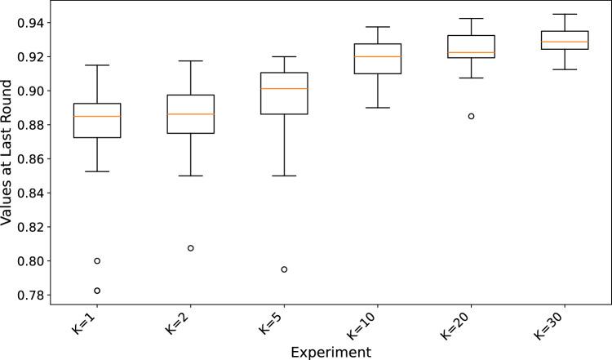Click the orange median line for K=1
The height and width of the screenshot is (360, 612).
[x=97, y=116]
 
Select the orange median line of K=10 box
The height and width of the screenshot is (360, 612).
[x=377, y=56]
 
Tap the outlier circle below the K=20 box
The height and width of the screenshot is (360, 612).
[x=471, y=116]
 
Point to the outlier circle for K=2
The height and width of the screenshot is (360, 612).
[x=190, y=248]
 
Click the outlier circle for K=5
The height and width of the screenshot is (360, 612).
[x=284, y=269]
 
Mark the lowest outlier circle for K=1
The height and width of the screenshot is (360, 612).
[x=97, y=291]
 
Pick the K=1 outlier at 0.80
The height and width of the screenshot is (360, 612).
[x=97, y=261]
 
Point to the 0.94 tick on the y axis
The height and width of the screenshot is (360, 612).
[x=29, y=23]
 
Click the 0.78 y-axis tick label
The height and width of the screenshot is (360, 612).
[x=29, y=296]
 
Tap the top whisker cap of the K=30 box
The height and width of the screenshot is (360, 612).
[x=564, y=14]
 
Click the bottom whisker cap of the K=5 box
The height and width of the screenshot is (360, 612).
[x=284, y=176]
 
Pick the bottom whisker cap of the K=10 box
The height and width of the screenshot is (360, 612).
[x=377, y=108]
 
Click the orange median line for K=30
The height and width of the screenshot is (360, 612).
[x=564, y=42]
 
